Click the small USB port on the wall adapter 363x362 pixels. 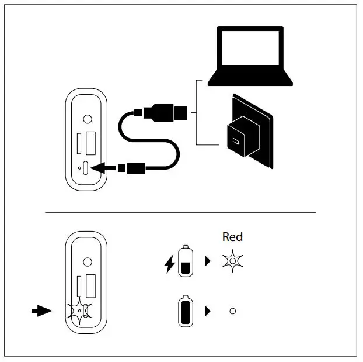click(x=236, y=141)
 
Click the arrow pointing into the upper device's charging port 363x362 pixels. click(x=104, y=168)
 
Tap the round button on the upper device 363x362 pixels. click(x=88, y=119)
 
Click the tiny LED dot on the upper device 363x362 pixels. click(x=79, y=168)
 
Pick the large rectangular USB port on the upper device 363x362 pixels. click(x=90, y=144)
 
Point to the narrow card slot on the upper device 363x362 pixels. click(x=79, y=144)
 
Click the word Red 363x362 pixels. click(x=232, y=237)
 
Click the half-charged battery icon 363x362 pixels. click(x=185, y=261)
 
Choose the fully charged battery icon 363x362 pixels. click(x=185, y=311)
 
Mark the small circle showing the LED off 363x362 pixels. click(x=232, y=311)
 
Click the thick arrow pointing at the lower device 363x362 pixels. click(x=41, y=311)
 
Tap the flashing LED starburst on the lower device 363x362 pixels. click(x=78, y=311)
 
